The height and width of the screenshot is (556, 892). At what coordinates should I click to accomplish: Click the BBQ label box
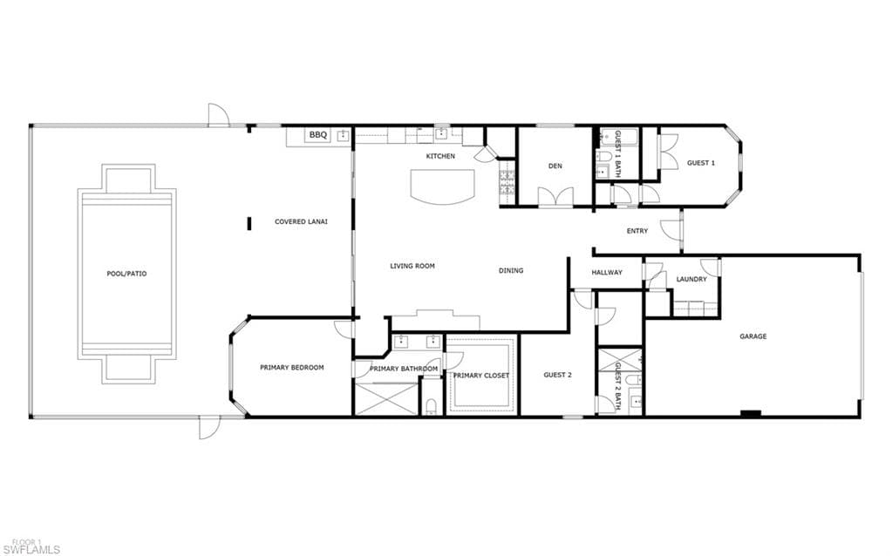point(318,135)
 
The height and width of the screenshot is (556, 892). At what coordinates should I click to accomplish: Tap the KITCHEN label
point(441,156)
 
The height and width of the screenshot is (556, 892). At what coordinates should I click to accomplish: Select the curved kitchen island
point(443,186)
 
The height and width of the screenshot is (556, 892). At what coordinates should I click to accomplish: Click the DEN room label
point(555,166)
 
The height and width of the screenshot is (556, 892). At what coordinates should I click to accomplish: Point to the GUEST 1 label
point(701,163)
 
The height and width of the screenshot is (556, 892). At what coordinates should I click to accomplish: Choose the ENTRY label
point(637,231)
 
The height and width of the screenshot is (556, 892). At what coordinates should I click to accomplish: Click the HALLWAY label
point(607,272)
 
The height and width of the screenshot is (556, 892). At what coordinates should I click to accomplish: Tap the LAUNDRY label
point(691,279)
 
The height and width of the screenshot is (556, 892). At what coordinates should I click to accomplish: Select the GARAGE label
point(753,336)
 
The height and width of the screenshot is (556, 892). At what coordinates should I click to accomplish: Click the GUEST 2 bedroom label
point(557,375)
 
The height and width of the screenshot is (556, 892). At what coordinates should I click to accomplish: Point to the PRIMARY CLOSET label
point(481,376)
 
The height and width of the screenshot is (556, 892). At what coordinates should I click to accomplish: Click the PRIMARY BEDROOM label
point(292,367)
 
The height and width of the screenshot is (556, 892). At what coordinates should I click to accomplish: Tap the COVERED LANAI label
point(301,221)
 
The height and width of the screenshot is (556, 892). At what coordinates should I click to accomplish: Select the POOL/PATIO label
point(126,274)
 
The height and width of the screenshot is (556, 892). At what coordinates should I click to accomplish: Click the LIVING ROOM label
point(412,266)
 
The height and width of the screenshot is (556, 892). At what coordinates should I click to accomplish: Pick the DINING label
point(511,271)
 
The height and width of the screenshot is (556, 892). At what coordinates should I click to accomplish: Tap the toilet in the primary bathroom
point(432,405)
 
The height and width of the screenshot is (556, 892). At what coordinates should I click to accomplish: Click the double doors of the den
point(555,197)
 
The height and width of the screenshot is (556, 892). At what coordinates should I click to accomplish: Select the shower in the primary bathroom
point(385,399)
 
